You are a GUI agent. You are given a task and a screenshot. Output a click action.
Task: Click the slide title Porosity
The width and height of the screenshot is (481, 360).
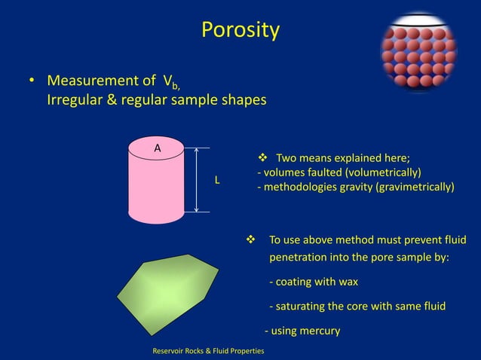point(240,30)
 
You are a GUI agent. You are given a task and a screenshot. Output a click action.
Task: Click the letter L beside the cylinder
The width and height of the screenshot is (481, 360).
point(217,181)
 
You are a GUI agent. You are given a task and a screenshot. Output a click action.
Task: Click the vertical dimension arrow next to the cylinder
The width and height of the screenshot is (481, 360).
point(197,179)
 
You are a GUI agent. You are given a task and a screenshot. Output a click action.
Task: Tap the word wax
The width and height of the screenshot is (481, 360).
point(348,282)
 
